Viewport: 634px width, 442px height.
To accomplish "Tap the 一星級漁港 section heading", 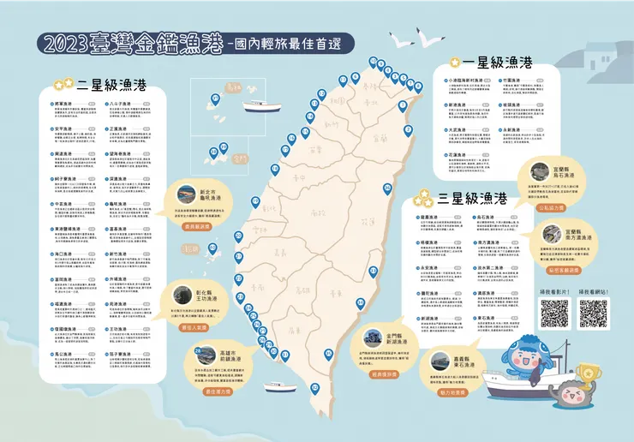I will click(x=496, y=63).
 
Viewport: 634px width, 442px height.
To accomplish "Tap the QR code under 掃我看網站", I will click(x=593, y=314).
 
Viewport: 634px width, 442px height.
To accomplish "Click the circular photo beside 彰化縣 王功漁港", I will click(x=183, y=292).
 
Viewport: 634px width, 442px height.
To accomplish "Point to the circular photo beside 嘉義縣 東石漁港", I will click(x=434, y=360).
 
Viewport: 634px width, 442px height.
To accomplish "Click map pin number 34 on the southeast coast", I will click(x=360, y=302).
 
